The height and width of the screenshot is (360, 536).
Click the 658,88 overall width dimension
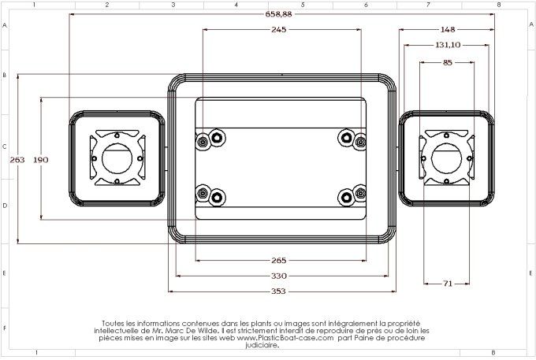(278, 14)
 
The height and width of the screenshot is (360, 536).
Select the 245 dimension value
(278, 29)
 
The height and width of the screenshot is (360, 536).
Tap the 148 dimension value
(447, 30)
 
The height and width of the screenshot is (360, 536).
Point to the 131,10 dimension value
(447, 45)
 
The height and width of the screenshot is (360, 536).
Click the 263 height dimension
(17, 159)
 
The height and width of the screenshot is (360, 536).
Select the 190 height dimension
(41, 159)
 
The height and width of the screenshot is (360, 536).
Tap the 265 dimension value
(278, 260)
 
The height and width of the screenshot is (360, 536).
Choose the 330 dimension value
(278, 276)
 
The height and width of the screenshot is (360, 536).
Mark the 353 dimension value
(278, 291)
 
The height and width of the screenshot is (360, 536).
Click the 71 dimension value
(447, 283)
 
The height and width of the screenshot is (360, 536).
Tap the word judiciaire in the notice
(262, 345)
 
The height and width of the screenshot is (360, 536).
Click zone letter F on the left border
(5, 328)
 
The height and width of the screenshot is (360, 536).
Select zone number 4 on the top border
(236, 5)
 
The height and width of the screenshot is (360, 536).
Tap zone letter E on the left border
(5, 273)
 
